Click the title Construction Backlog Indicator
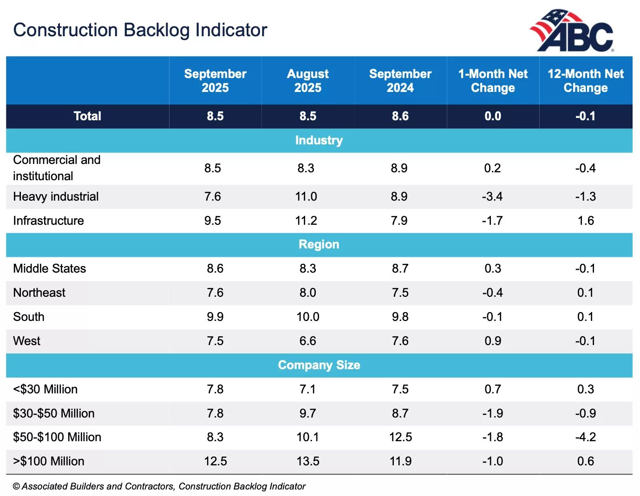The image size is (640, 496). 140,30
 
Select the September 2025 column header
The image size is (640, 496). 215,81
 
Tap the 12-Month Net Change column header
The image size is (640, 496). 585,81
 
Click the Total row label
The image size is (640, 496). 87,116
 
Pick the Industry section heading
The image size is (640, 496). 319,140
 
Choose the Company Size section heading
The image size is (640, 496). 319,365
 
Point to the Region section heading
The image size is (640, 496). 319,244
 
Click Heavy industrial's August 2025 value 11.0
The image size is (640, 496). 306,196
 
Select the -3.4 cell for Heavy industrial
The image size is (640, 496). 492,196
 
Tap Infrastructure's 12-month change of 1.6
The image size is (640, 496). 585,221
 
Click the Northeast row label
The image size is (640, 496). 39,293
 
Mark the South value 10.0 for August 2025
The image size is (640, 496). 307,317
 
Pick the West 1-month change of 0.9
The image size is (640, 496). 492,341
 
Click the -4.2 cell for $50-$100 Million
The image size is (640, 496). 585,437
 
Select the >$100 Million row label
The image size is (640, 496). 49,461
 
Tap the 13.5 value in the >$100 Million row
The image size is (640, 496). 307,461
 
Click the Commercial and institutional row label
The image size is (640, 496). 57,168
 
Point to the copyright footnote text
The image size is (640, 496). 159,486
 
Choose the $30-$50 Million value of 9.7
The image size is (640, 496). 307,413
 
